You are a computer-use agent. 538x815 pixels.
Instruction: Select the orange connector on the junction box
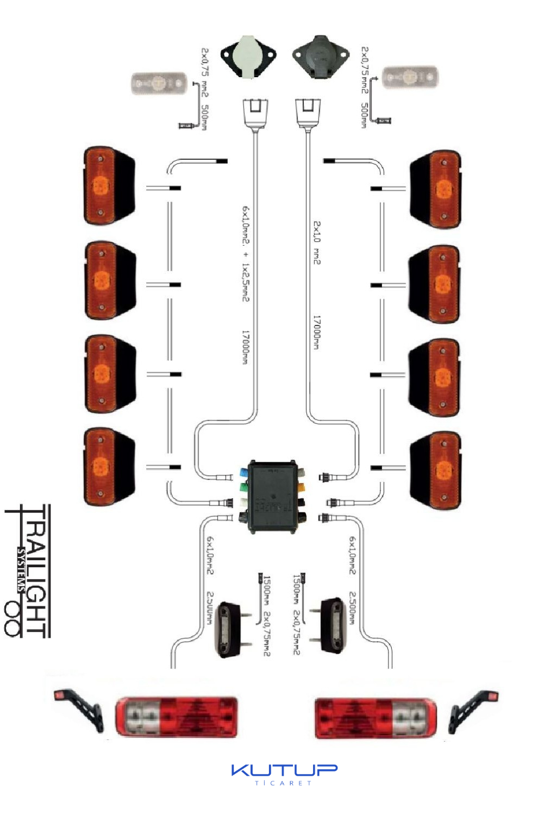click(301, 486)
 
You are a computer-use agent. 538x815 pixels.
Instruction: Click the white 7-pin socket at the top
click(248, 57)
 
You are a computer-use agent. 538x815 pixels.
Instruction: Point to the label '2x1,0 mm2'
click(317, 242)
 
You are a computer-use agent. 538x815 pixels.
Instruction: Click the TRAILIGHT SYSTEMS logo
click(28, 570)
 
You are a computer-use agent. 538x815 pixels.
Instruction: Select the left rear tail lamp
click(177, 717)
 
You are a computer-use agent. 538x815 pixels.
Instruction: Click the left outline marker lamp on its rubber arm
click(78, 709)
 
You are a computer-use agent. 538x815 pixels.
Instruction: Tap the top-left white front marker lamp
click(159, 84)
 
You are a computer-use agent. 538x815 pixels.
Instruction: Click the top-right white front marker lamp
click(410, 77)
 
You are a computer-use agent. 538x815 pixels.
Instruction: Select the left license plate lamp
click(229, 630)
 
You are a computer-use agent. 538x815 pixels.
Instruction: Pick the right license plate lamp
click(333, 625)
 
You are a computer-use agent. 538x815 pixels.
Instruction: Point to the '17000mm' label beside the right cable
click(316, 332)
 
